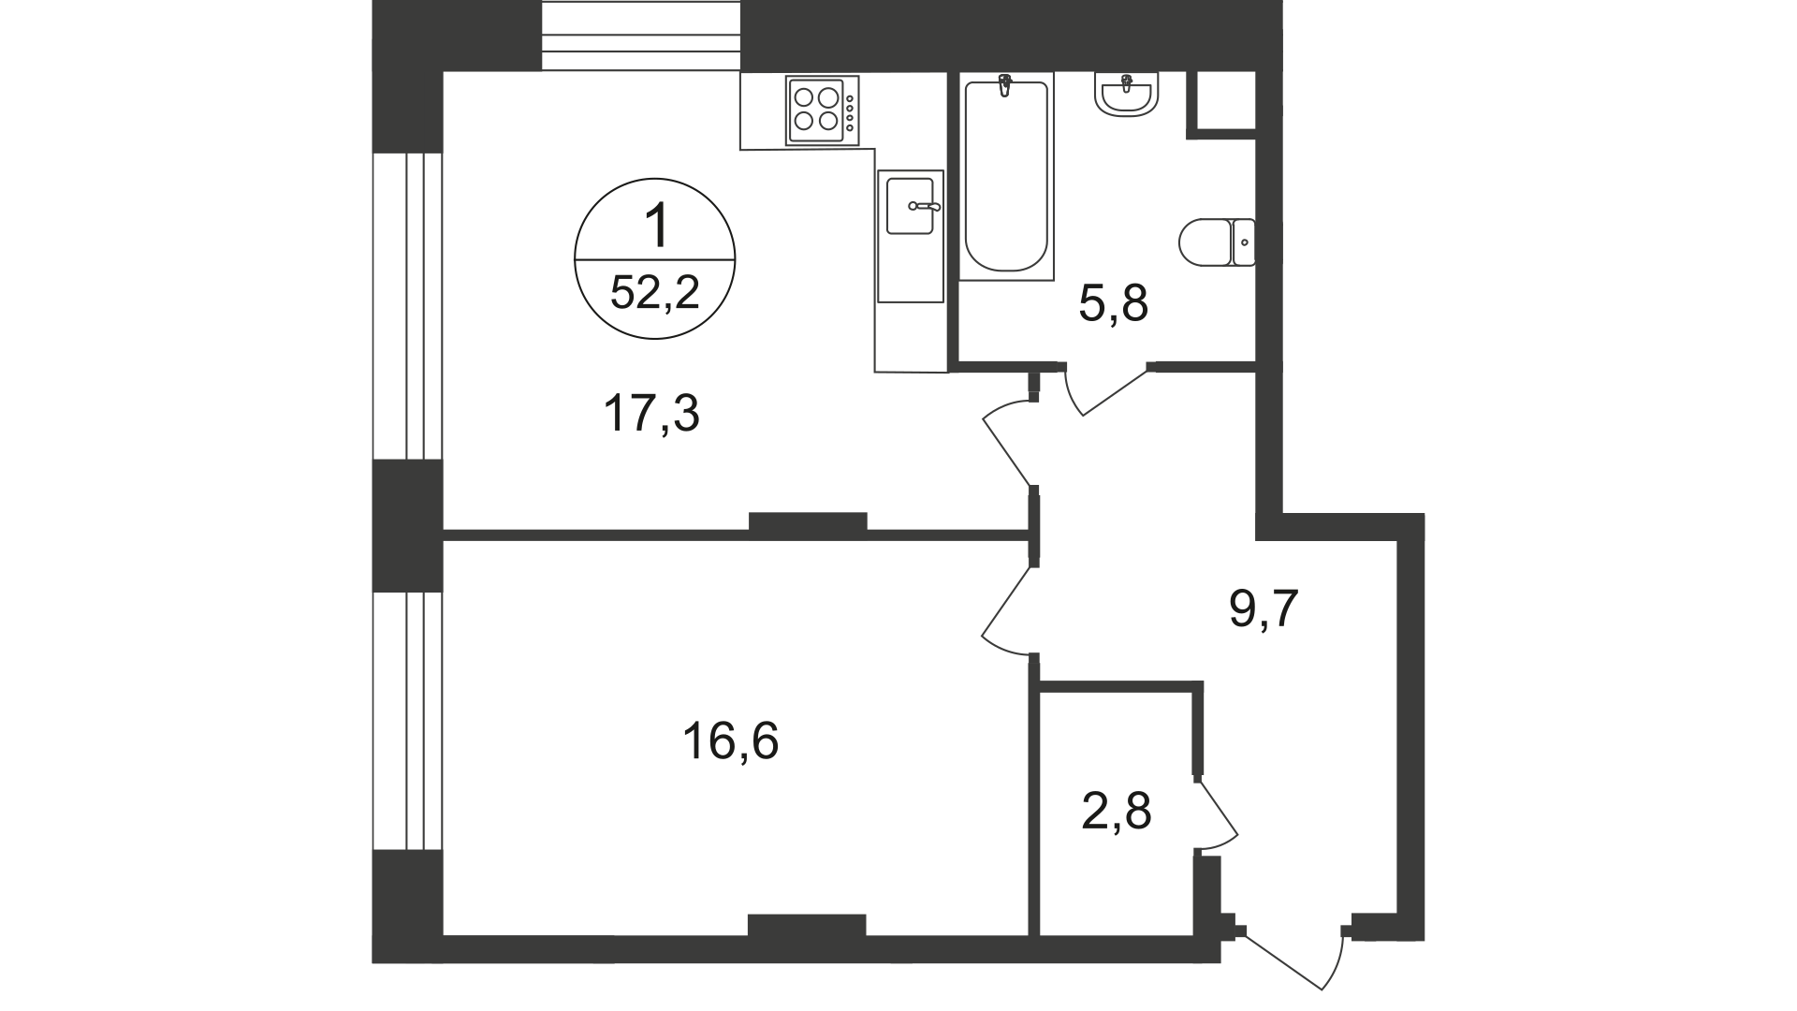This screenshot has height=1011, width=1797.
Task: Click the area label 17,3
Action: click(x=651, y=414)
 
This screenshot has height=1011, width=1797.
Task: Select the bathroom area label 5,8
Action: click(x=1113, y=304)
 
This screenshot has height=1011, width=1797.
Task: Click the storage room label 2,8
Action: click(x=1116, y=811)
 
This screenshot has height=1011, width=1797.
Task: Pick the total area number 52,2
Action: click(x=654, y=294)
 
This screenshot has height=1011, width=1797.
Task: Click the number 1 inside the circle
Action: click(x=658, y=227)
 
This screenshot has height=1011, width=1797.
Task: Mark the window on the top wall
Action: click(x=641, y=35)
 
